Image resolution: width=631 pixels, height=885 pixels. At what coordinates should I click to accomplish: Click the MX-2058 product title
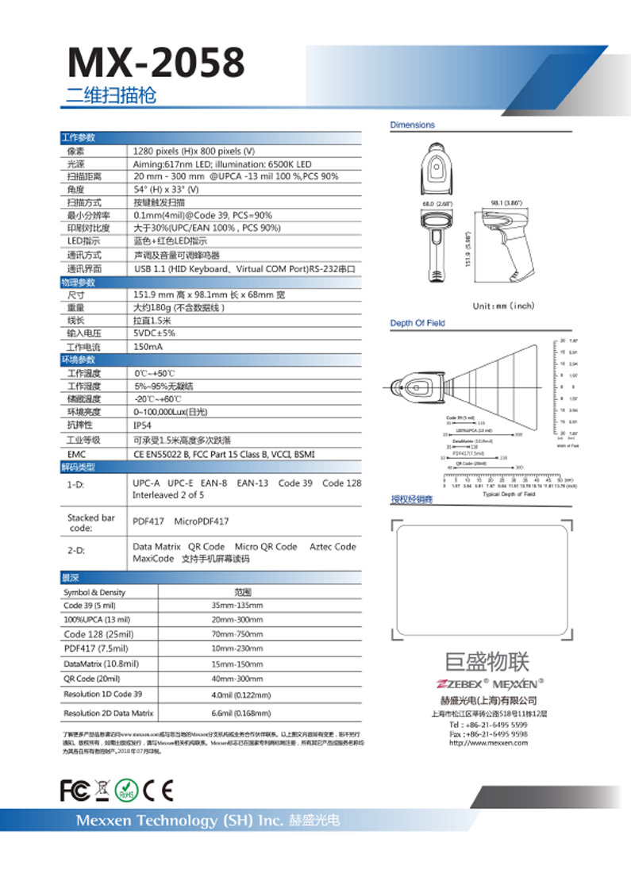pos(156,62)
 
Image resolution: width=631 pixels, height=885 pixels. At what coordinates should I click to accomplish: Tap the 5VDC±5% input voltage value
pos(154,333)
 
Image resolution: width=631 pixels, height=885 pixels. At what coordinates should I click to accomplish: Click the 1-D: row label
pos(76,483)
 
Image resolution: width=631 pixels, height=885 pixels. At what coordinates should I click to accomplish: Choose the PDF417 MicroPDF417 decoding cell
pos(180,521)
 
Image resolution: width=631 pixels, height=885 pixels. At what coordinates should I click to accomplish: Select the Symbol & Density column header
pos(94,592)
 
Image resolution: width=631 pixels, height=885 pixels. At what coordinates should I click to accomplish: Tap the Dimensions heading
pos(413,125)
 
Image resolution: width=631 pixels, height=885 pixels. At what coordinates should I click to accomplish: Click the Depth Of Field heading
pos(417,323)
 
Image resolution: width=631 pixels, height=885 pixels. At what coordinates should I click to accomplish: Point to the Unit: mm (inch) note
pos(504,306)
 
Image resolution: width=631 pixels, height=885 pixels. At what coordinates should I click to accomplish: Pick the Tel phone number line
pos(488,725)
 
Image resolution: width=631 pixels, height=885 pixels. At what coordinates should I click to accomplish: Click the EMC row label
pos(76,454)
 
